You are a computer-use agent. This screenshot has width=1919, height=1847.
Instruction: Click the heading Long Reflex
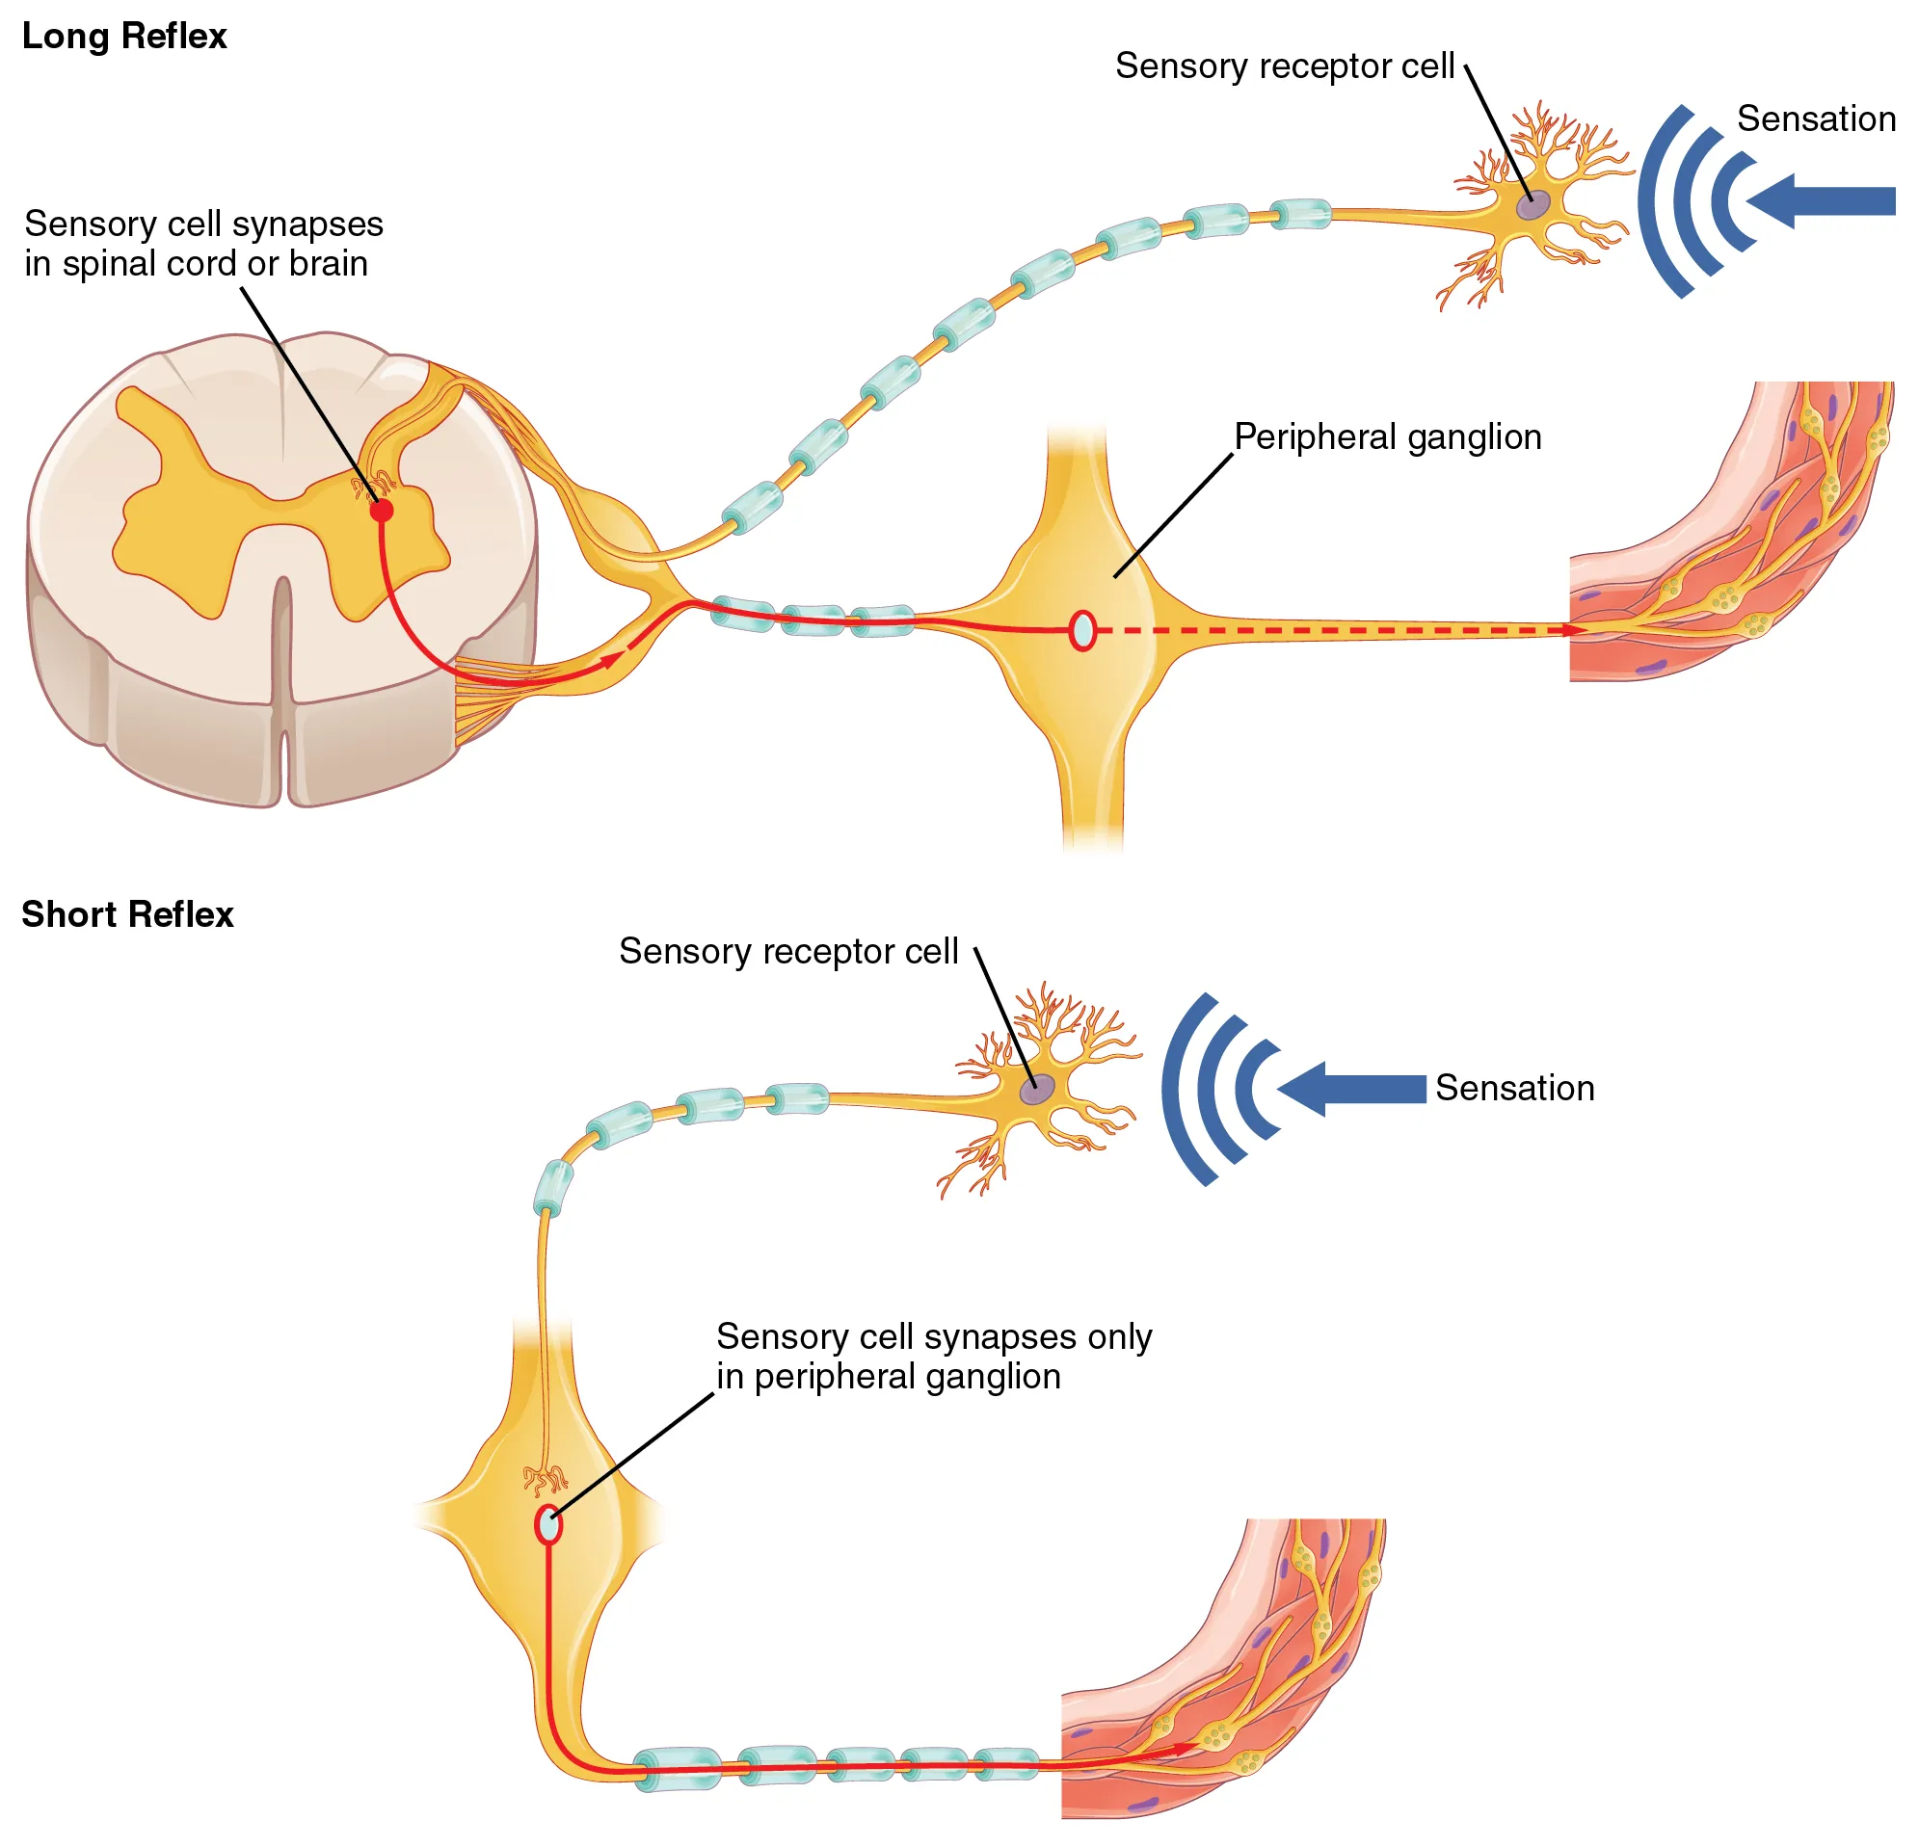tap(124, 37)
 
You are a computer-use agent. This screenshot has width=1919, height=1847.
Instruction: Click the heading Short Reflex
tap(127, 914)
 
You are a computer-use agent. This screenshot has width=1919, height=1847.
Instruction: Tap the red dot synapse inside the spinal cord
tap(382, 510)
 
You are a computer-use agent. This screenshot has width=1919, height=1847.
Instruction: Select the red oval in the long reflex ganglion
tap(1081, 630)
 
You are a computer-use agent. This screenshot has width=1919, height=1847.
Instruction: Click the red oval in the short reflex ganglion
tap(548, 1525)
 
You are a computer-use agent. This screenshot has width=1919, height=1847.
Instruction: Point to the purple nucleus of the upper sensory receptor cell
tap(1533, 204)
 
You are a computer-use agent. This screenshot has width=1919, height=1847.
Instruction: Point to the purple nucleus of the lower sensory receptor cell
tap(1038, 1089)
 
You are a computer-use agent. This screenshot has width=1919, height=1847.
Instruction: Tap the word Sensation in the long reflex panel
tap(1815, 119)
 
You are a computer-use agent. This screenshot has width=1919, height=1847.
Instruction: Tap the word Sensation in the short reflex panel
tap(1513, 1089)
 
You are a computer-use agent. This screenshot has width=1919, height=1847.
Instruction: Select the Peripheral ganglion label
tap(1386, 436)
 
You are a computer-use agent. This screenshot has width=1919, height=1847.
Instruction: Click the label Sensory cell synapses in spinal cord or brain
tap(202, 244)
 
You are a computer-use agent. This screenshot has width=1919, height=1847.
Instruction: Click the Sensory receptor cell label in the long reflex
tap(1284, 66)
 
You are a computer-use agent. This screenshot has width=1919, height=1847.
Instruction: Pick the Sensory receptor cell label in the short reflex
tap(788, 951)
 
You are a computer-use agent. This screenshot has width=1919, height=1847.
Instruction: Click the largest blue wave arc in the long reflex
tap(1655, 200)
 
